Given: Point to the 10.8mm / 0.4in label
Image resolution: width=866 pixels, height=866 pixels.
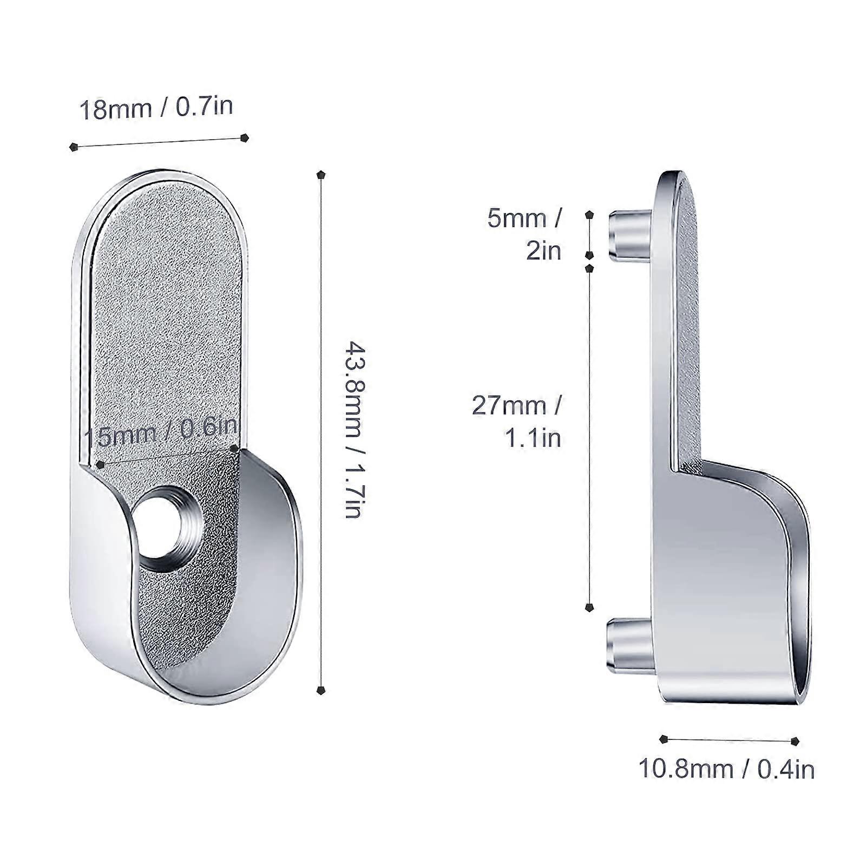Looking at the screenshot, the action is coord(726,769).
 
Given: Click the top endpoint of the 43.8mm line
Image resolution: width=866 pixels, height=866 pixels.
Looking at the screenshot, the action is coord(322,175).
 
